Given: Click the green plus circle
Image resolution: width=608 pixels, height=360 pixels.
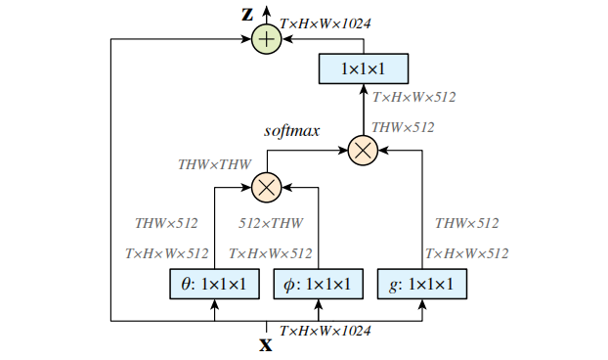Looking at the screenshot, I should point(266,39).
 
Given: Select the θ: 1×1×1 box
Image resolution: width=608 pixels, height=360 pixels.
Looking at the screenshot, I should point(214,285).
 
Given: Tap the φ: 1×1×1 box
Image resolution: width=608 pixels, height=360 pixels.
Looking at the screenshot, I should point(319,285).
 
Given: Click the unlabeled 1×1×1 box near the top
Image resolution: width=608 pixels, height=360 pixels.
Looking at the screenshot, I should point(364,69).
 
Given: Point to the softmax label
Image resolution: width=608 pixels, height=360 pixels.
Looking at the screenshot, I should point(293,130).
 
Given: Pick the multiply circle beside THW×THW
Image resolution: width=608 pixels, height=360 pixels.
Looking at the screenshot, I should point(266,184).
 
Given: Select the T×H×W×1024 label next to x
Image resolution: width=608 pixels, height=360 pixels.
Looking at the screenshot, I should point(326,332).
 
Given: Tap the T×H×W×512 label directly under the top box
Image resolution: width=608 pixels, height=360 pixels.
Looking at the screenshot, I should point(413,97).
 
